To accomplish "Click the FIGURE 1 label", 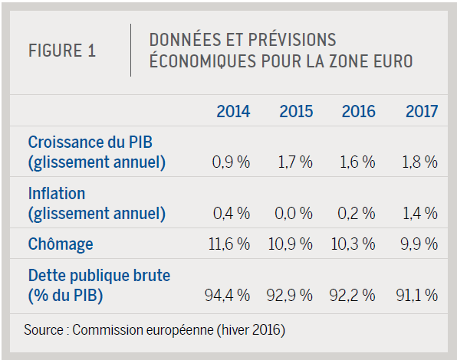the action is click(62, 51).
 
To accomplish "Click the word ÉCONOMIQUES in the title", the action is click(203, 61).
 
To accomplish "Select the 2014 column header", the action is click(233, 111).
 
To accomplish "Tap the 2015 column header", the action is click(296, 111).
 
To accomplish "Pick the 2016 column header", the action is click(359, 111).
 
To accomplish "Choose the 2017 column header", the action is click(422, 111).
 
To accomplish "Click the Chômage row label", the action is click(61, 244).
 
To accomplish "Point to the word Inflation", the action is click(57, 193).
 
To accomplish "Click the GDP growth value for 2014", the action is click(231, 162).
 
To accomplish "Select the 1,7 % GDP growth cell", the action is click(295, 162).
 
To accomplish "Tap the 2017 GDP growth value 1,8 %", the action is click(420, 162).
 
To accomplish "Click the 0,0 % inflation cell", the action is click(294, 214).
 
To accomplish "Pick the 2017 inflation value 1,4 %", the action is click(420, 214).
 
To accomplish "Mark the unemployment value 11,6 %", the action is click(229, 244).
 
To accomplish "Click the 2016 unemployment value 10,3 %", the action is click(353, 244).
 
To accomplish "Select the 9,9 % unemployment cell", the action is click(419, 244).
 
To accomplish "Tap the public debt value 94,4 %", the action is click(227, 295).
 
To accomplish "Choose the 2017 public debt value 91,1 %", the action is click(417, 295).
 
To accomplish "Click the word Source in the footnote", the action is click(44, 329).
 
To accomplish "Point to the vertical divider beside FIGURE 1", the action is click(130, 50).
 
